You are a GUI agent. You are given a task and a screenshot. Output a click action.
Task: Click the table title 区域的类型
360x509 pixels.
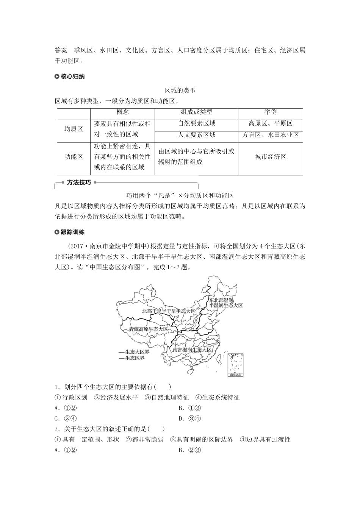point(180,91)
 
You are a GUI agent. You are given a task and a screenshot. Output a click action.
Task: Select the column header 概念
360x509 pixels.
point(122,112)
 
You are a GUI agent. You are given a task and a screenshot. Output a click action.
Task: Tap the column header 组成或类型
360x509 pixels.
point(196,112)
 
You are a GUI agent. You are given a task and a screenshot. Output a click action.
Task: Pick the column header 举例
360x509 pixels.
point(270,112)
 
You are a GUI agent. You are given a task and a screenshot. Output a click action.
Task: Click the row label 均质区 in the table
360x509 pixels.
point(74,129)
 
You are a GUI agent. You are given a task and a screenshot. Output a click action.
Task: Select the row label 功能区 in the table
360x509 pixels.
point(74,157)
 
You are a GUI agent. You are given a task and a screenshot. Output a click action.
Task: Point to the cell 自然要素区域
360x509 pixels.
point(196,123)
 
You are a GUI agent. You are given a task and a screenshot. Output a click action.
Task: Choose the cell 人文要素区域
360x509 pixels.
point(196,134)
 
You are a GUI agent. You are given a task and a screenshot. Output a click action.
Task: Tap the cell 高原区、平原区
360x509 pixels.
point(270,123)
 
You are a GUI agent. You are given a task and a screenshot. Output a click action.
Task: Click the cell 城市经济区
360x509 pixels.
point(270,157)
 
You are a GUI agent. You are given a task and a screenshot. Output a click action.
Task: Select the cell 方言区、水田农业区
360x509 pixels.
point(270,134)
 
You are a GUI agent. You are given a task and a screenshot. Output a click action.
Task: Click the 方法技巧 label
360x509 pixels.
point(79,183)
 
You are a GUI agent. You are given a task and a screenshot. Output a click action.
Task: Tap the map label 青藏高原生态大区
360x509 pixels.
point(148,329)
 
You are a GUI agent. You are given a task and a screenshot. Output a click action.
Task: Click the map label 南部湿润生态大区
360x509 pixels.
point(192,350)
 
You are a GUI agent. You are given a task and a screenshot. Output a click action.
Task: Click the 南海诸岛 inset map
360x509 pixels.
point(235,365)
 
